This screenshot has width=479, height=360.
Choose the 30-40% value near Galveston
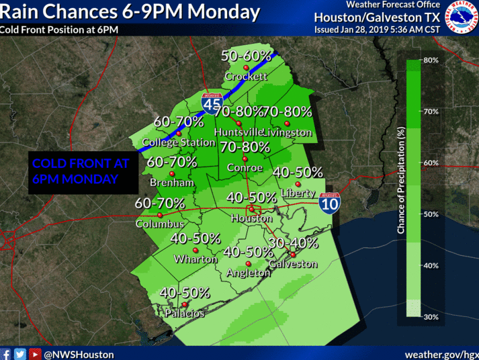pos(292,242)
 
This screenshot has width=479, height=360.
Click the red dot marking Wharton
pos(195,249)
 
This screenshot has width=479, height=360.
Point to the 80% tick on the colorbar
pos(431,60)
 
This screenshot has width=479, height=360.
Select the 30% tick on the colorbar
pos(431,317)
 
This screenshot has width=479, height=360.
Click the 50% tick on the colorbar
pos(431,214)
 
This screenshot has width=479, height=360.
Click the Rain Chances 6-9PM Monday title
pos(130,12)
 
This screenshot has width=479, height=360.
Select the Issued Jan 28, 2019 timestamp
pos(376,30)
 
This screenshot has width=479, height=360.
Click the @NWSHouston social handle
pos(79,354)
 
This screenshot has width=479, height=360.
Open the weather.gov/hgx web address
pos(441,354)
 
